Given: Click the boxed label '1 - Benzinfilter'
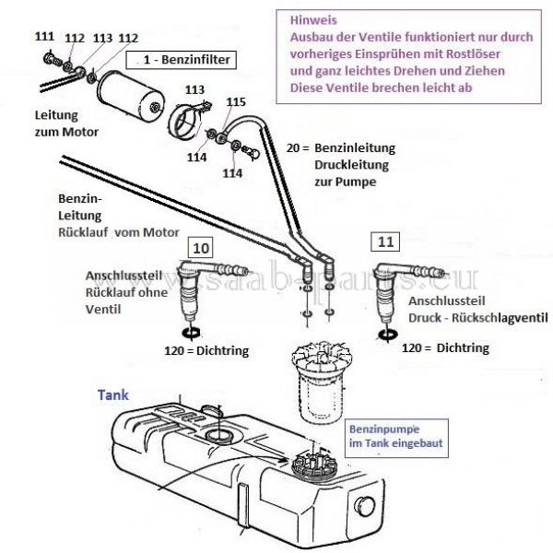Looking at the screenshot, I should pos(184,60).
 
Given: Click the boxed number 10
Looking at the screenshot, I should pos(202,248).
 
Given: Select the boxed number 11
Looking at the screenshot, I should pos(383,241).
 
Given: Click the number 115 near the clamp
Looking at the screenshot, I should pos(236,101).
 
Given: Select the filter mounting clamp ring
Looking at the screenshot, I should pos(189,123).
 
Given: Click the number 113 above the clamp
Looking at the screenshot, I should pos(194,89).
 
